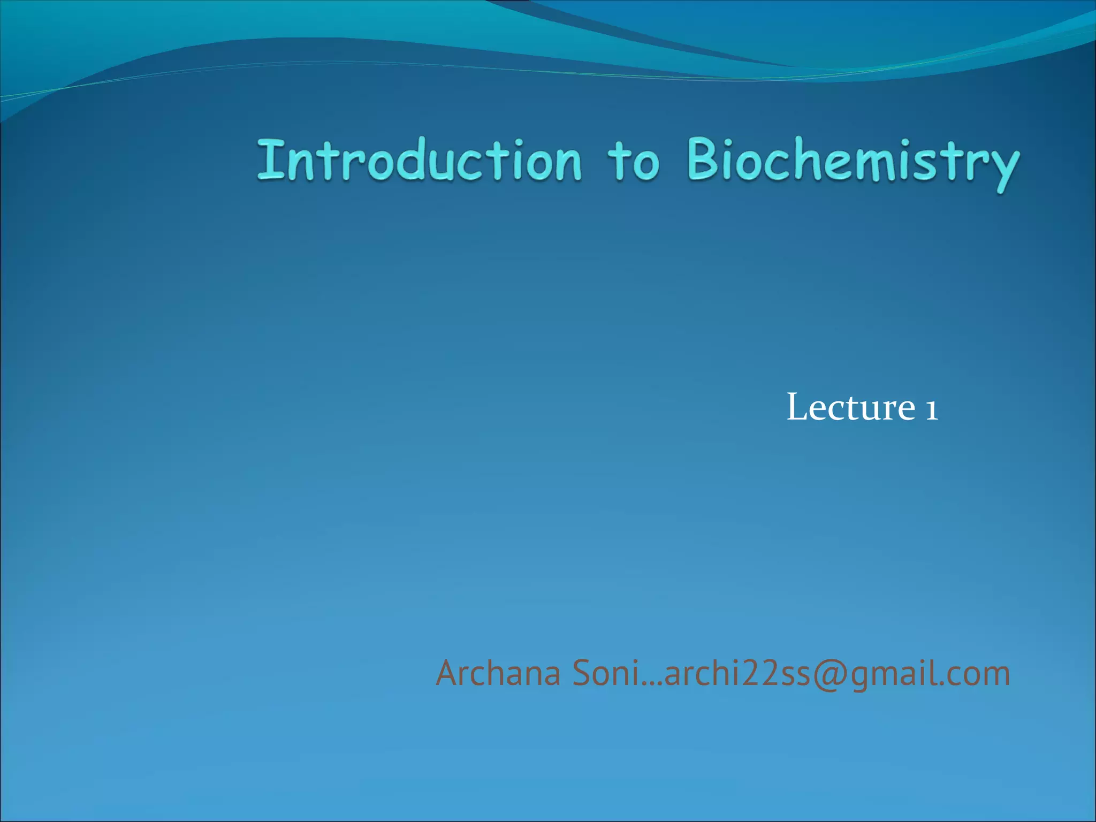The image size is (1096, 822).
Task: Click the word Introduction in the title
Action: [x=419, y=160]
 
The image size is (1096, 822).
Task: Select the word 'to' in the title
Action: [x=633, y=161]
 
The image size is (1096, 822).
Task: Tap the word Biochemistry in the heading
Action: [x=853, y=161]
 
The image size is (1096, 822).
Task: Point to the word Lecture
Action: [x=851, y=408]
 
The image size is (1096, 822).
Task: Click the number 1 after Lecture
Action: [x=931, y=409]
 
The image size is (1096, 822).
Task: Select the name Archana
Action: [x=498, y=673]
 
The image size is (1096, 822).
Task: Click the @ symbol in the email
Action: [x=830, y=674]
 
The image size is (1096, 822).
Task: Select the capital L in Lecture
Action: [x=797, y=408]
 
